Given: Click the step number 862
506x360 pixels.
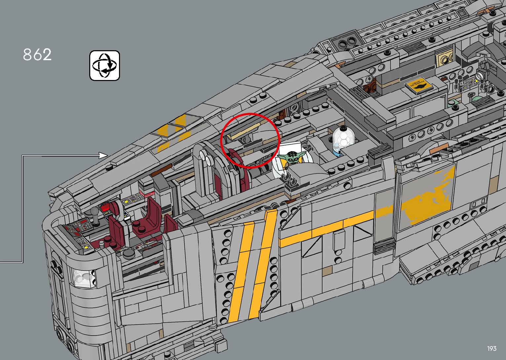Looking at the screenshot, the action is click(x=37, y=55).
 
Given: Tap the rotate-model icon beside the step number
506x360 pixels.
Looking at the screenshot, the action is click(x=104, y=65).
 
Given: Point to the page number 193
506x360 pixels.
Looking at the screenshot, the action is click(x=491, y=348).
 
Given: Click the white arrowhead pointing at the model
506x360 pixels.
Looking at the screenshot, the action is click(x=103, y=155).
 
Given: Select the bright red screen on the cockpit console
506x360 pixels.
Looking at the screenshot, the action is click(x=105, y=208).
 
